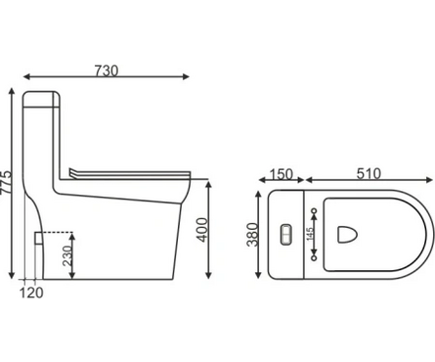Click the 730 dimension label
tap(107, 70)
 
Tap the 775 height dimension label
tap(6, 183)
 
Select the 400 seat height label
tap(202, 230)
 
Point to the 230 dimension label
tap(67, 256)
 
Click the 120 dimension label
tap(31, 293)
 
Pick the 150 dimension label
tap(282, 174)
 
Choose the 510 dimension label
tap(369, 174)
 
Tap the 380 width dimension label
tap(252, 235)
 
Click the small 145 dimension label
tap(310, 234)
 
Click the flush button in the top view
tap(285, 234)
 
